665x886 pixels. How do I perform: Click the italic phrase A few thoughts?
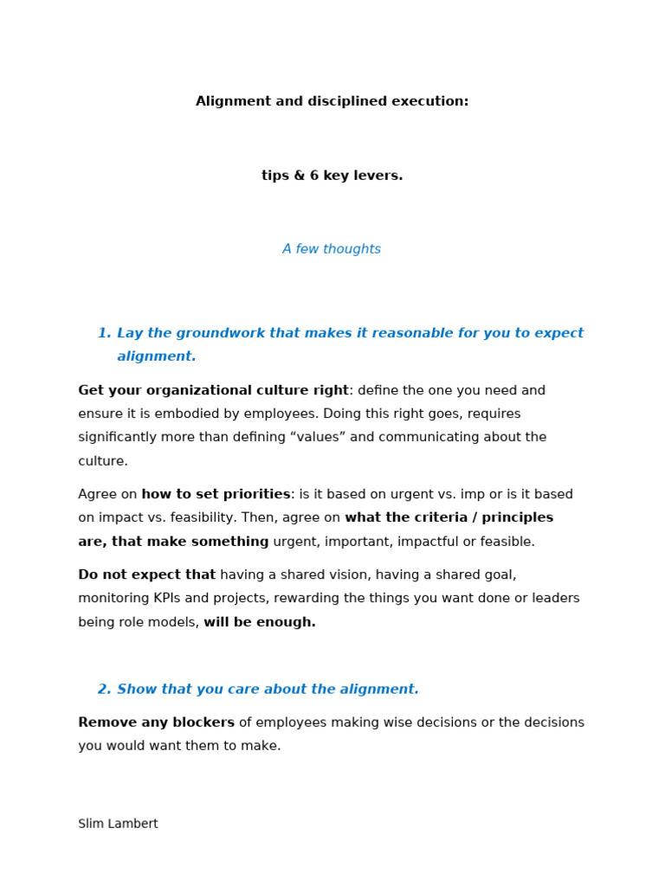click(x=332, y=249)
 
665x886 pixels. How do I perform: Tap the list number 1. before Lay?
click(x=104, y=333)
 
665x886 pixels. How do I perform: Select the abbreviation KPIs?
click(x=154, y=598)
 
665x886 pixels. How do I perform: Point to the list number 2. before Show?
click(x=104, y=690)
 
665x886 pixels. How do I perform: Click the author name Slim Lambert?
click(x=118, y=824)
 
